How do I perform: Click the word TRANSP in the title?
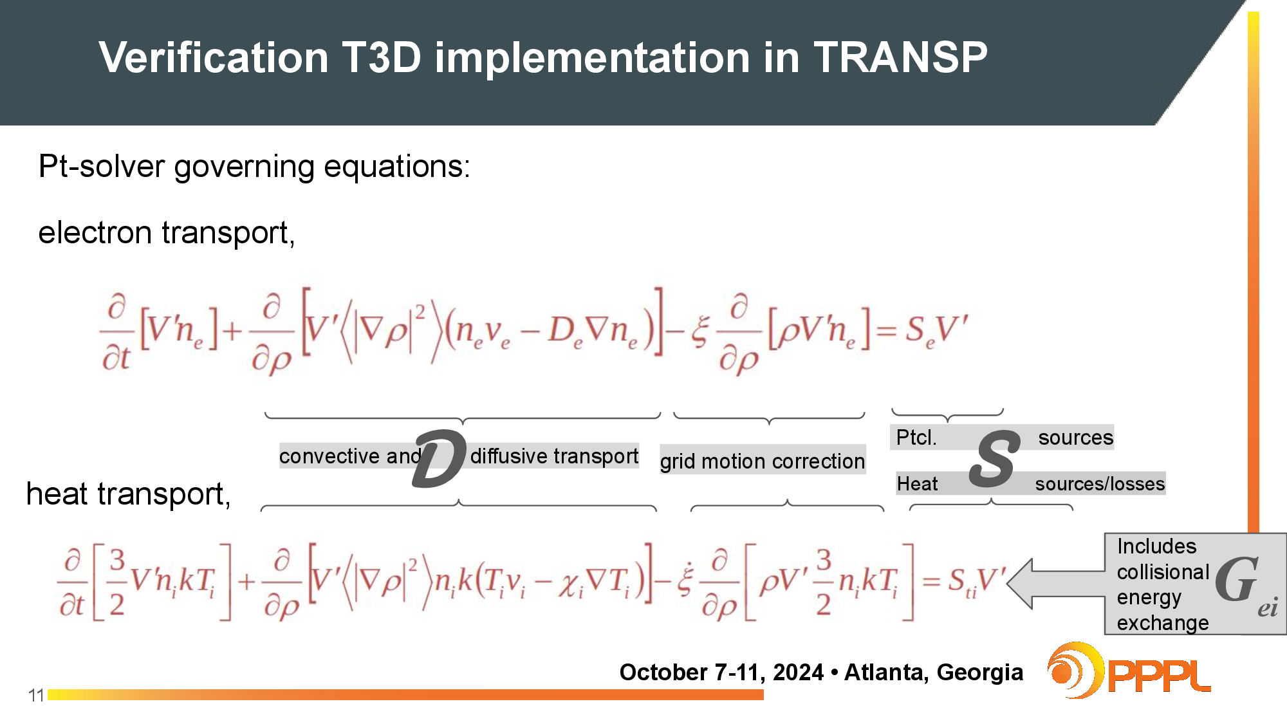(x=900, y=57)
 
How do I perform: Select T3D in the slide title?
(x=382, y=57)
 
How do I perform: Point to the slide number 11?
(x=36, y=695)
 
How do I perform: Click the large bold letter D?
(x=440, y=458)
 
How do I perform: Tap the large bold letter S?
(x=995, y=459)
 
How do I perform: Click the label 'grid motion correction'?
(x=763, y=461)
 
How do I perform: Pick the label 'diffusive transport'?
(x=554, y=456)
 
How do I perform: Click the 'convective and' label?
(x=350, y=456)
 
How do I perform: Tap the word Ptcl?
(x=916, y=438)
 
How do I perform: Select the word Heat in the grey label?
(x=917, y=483)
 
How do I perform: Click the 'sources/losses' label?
(x=1100, y=483)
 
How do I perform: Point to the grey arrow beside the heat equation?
(x=1056, y=584)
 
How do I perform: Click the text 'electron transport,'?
(x=167, y=232)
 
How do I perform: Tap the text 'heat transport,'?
(x=128, y=494)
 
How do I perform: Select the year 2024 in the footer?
(x=798, y=672)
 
